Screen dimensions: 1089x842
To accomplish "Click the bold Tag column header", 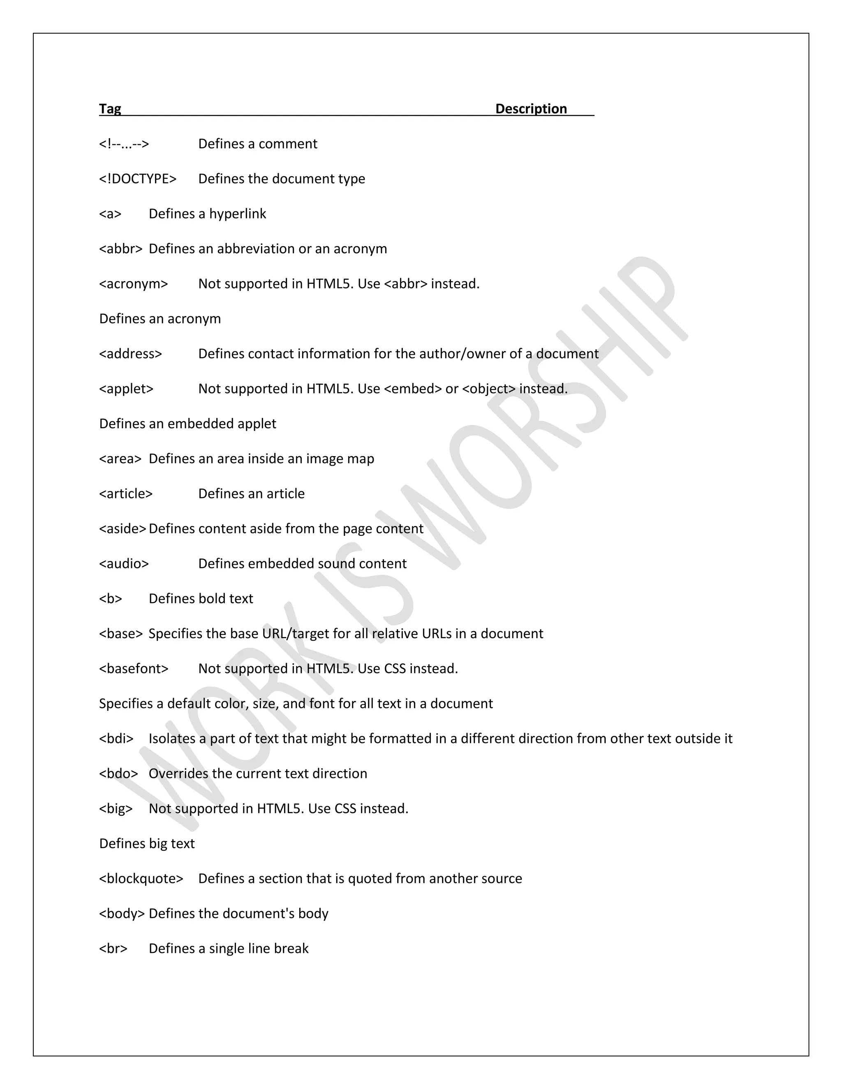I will point(110,109).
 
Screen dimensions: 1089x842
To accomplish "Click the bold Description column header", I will point(531,109).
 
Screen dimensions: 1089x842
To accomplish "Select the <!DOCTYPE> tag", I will point(138,178).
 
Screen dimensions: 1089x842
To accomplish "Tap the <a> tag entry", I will point(110,213).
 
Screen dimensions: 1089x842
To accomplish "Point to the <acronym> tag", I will point(133,284).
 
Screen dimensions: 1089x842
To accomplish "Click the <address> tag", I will point(131,353).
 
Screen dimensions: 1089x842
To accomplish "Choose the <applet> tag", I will point(126,388).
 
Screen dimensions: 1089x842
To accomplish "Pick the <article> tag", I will point(126,494).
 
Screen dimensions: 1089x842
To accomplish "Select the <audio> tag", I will point(124,563).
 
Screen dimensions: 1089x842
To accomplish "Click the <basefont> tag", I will point(134,669).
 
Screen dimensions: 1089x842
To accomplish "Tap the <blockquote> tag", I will point(141,879).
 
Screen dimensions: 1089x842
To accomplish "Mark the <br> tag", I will point(113,948).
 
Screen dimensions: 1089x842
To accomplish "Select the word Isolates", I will point(172,738).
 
